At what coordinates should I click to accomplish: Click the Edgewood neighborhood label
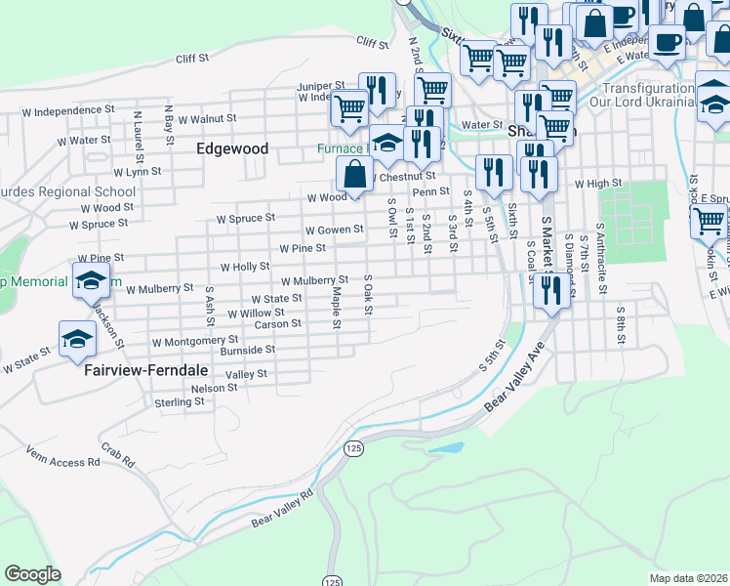pos(232,149)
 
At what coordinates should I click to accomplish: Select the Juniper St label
pos(322,86)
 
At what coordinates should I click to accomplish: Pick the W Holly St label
pos(245,266)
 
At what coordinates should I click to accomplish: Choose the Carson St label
pos(278,324)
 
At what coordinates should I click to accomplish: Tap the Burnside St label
pos(248,350)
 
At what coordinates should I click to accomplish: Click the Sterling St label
pos(179,402)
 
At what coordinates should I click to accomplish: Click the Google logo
pos(32,574)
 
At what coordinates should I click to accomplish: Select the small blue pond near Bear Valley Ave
pos(446,448)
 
